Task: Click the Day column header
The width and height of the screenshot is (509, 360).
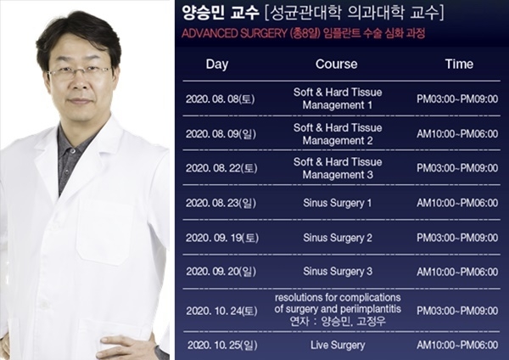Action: (x=217, y=65)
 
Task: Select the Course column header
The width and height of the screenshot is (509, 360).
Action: (x=336, y=64)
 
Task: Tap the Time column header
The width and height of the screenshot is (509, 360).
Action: (x=459, y=64)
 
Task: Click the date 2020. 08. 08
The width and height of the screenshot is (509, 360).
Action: (x=220, y=99)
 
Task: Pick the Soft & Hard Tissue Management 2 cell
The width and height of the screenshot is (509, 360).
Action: (x=338, y=134)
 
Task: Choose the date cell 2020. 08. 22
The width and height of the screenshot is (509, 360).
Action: (x=221, y=168)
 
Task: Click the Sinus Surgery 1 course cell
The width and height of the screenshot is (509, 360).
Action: (x=338, y=204)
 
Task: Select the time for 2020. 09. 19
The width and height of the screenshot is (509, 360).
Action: (x=457, y=238)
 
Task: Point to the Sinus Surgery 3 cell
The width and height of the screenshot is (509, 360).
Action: (x=338, y=272)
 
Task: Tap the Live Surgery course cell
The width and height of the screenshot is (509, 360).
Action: (x=338, y=346)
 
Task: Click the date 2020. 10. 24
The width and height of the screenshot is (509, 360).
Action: (x=221, y=312)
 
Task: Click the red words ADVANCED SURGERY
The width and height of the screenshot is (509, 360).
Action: (x=234, y=33)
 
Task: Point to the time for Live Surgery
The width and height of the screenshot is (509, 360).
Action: (x=457, y=345)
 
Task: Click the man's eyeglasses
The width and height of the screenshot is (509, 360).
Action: (x=80, y=72)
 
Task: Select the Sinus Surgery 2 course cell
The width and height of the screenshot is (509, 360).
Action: (x=338, y=238)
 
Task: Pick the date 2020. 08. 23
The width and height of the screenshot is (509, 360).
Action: (x=221, y=204)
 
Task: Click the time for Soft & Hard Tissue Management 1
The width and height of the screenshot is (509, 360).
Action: (x=457, y=98)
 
